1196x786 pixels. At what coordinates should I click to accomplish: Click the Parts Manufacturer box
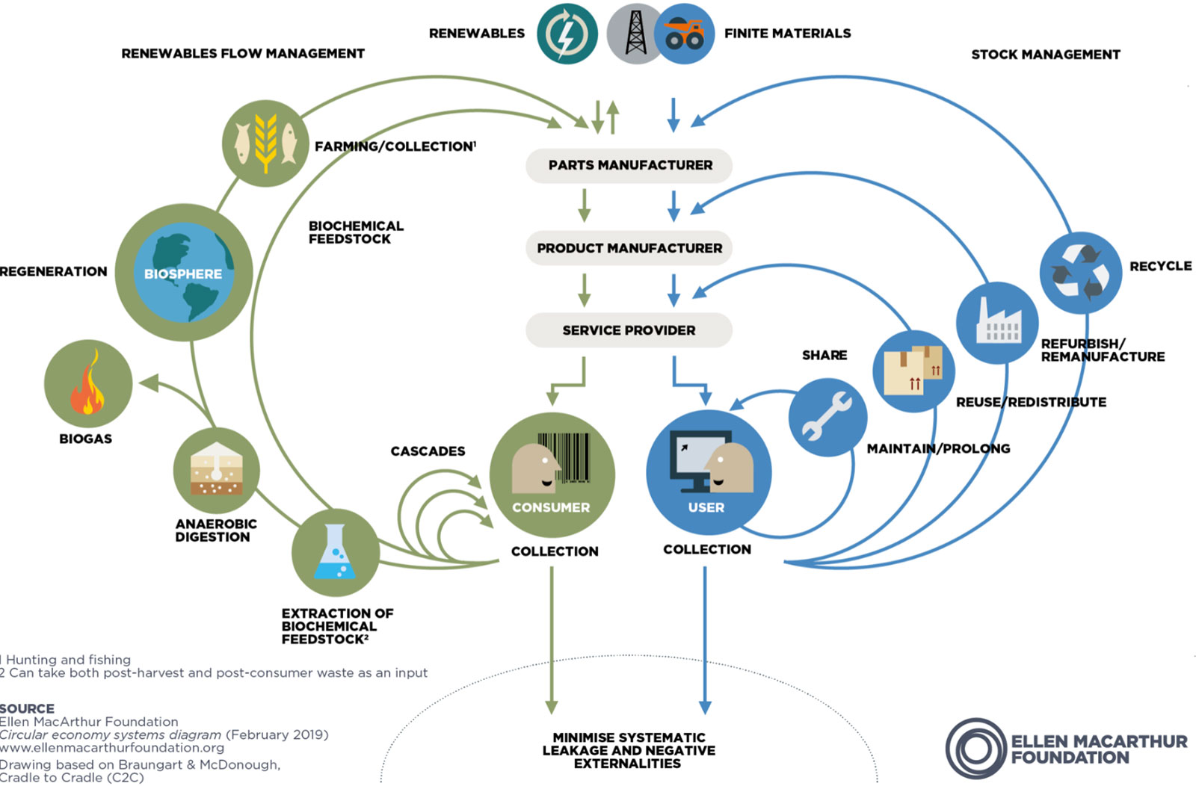point(629,165)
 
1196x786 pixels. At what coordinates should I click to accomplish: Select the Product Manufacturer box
point(629,248)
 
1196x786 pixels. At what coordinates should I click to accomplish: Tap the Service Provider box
point(629,330)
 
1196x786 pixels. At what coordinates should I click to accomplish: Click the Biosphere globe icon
point(183,273)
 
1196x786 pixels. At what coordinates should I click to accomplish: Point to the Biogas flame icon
point(87,383)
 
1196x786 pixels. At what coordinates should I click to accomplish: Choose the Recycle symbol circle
point(1080,273)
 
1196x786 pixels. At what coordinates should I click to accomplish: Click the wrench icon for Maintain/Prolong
point(827,417)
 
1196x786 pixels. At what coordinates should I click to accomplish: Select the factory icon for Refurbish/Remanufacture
point(997,323)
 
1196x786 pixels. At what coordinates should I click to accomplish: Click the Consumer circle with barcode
point(552,474)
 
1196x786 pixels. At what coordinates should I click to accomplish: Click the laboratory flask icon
point(336,552)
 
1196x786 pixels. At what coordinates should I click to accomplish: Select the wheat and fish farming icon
point(265,143)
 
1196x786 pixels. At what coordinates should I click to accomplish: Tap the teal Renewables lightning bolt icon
point(567,34)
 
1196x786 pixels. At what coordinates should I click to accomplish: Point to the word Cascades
point(428,451)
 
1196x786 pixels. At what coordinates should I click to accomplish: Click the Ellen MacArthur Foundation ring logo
point(976,749)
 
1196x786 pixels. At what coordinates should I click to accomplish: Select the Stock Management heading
point(1045,55)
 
